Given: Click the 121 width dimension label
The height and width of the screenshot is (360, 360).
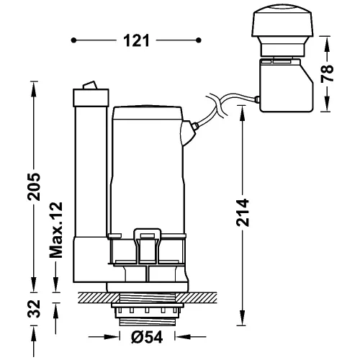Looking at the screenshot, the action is (136, 40).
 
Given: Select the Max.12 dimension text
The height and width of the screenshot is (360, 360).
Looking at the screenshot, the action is (56, 230).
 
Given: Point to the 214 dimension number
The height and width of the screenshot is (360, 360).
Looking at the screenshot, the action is (243, 212).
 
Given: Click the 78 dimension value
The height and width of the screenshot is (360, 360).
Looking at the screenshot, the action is (328, 73).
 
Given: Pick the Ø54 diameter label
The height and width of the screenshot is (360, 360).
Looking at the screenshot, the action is (147, 337).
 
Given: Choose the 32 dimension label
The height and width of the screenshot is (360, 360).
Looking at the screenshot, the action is (34, 309).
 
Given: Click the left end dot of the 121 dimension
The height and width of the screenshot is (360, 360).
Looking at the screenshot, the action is (73, 40).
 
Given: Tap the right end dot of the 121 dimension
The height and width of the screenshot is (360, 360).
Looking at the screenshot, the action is (199, 40).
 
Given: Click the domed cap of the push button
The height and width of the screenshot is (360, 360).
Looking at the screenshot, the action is (282, 21).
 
